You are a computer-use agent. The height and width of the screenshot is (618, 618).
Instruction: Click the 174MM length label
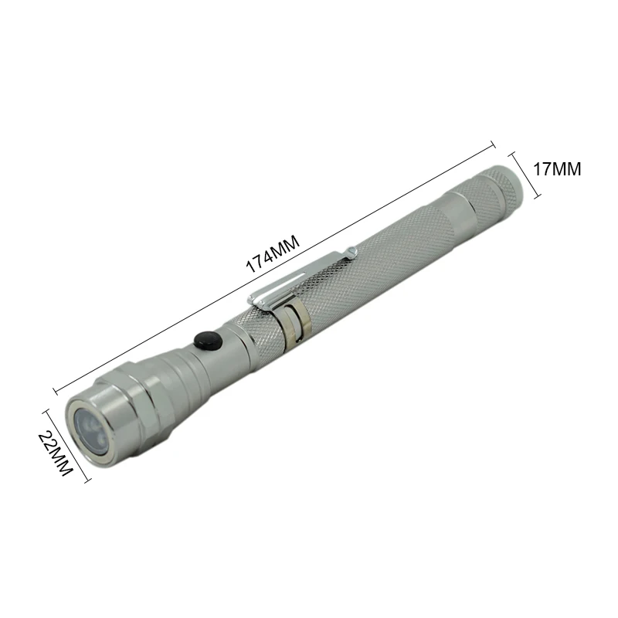(273, 254)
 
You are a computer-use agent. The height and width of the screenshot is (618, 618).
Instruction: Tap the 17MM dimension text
(557, 169)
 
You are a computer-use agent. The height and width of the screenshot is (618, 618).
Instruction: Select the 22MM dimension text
(55, 453)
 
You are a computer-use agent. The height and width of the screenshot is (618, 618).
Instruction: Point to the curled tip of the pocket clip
(351, 253)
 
